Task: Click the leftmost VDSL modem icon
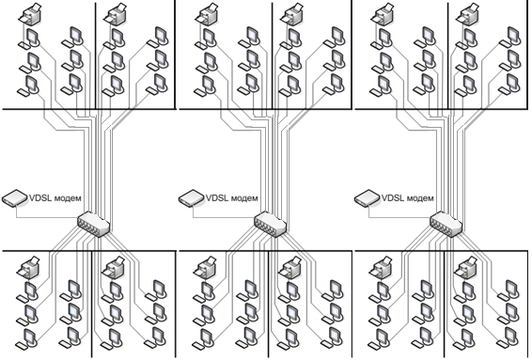click(15, 198)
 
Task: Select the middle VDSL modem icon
click(192, 198)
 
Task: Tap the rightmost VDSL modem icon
click(368, 198)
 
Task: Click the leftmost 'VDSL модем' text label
click(55, 197)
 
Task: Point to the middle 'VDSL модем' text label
click(232, 197)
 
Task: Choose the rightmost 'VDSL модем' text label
click(408, 197)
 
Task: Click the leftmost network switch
click(94, 224)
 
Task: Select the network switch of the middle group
click(271, 224)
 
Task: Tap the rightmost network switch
click(446, 224)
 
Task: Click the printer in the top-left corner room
click(30, 14)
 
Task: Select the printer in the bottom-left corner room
click(29, 267)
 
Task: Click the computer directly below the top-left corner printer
click(29, 39)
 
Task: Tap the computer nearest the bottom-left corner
click(27, 338)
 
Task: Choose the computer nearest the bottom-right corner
click(509, 337)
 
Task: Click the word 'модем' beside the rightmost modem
click(421, 198)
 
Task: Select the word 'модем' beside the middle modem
click(245, 198)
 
